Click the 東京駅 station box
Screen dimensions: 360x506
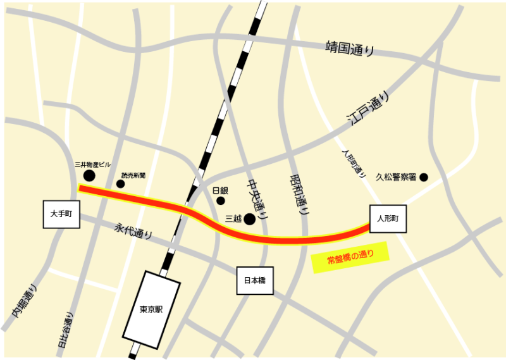152,310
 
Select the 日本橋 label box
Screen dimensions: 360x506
255,280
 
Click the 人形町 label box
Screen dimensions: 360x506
388,219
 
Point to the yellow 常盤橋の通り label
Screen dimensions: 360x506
350,258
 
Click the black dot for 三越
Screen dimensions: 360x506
250,219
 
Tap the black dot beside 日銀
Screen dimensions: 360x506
221,201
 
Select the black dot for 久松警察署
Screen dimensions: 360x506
424,177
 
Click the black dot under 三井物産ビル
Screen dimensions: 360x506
90,175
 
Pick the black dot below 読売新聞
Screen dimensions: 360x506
120,184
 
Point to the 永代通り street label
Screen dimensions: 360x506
133,231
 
